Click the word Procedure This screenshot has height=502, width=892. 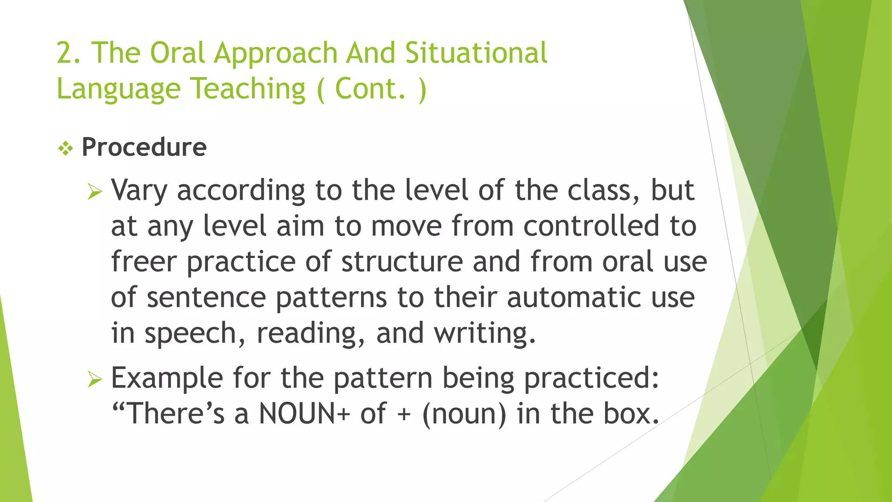tap(144, 147)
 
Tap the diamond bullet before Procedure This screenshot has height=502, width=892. tap(66, 149)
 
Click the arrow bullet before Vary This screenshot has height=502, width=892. tap(95, 191)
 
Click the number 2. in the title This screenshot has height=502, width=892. tap(68, 53)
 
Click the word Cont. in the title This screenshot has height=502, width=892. tap(370, 89)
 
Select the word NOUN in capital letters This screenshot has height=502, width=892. tap(300, 414)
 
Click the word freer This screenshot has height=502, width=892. tap(144, 262)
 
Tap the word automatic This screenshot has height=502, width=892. tap(574, 298)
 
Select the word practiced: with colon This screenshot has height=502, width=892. tap(591, 379)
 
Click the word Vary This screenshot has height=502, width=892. tap(139, 191)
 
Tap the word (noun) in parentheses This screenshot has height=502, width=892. tap(464, 414)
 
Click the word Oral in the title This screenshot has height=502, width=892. tap(177, 53)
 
